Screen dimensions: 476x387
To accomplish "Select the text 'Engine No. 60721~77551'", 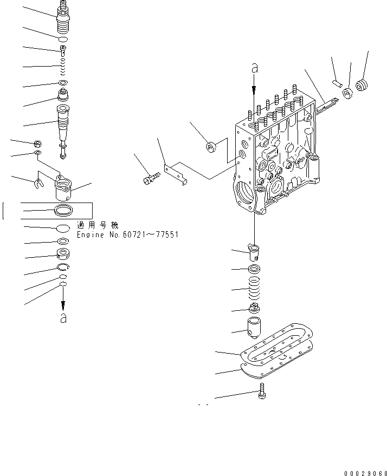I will tap(127, 235).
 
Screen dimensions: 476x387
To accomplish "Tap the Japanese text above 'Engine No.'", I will tap(98, 225).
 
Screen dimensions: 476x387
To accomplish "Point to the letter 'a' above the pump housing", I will tap(254, 69).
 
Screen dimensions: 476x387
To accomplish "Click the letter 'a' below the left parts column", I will tap(63, 318).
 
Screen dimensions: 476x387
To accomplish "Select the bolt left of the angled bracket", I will tap(150, 178).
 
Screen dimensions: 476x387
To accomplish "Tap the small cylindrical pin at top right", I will tap(337, 82).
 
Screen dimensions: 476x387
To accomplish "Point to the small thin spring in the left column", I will tap(63, 67).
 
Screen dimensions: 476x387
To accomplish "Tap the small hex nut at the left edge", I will tap(38, 144).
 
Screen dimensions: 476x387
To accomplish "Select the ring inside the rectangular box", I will tap(63, 210).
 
